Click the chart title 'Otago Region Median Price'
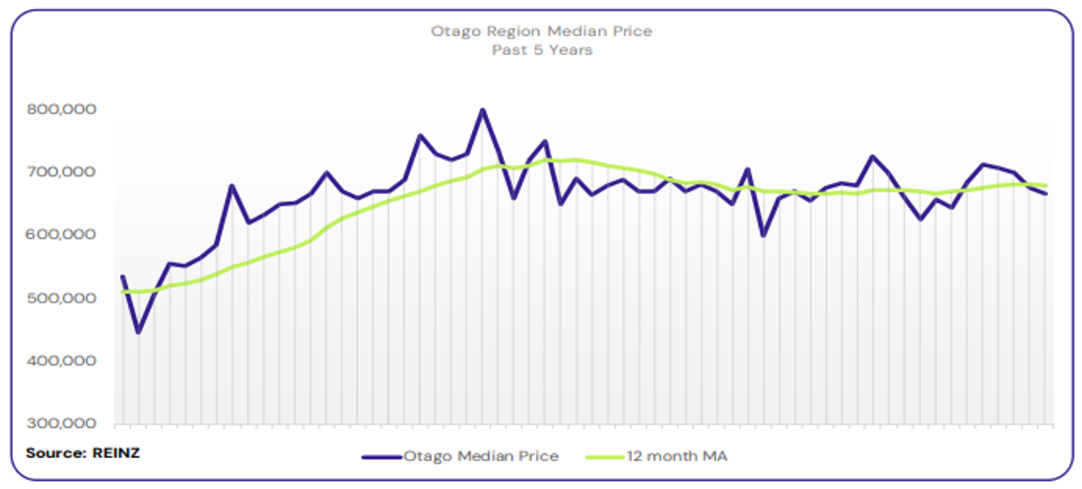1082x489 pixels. [x=541, y=31]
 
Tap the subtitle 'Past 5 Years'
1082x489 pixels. [x=541, y=50]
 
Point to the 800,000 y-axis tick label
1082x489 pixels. [x=63, y=109]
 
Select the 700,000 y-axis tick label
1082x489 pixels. [x=63, y=172]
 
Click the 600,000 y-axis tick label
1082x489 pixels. [x=63, y=235]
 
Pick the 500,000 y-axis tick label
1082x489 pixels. [x=63, y=298]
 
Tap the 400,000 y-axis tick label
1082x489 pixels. [x=63, y=361]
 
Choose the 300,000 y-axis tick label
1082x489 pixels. [x=63, y=424]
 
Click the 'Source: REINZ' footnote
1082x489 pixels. [x=82, y=452]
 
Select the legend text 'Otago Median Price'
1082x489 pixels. [x=481, y=456]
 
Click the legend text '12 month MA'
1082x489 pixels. [x=677, y=456]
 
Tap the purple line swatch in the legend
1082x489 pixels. [x=382, y=457]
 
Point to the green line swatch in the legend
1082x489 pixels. [x=606, y=457]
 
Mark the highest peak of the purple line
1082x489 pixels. [x=482, y=109]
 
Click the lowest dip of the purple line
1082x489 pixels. [x=139, y=333]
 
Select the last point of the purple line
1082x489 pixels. [x=1045, y=194]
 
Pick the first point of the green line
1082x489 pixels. [x=123, y=291]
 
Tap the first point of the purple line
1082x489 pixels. [x=123, y=276]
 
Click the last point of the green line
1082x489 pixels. [x=1045, y=186]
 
